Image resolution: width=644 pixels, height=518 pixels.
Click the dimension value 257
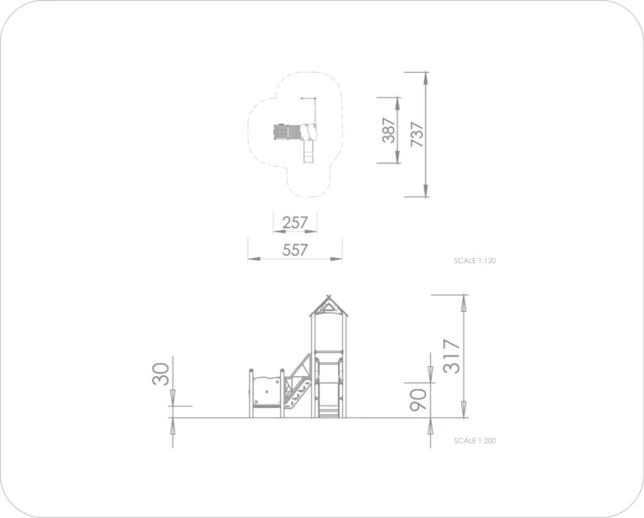[295, 222]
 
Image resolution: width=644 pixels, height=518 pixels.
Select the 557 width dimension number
[295, 250]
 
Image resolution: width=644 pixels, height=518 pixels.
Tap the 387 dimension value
[389, 130]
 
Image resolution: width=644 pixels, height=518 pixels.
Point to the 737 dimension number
[417, 134]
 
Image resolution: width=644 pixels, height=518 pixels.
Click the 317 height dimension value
[452, 356]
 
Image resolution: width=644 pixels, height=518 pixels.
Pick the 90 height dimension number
[418, 400]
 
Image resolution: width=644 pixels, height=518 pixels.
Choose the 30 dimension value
[161, 374]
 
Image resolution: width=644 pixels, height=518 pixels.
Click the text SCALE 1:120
[475, 261]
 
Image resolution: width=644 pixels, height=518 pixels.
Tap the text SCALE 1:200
[475, 440]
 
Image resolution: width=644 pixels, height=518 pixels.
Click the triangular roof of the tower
[329, 307]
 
